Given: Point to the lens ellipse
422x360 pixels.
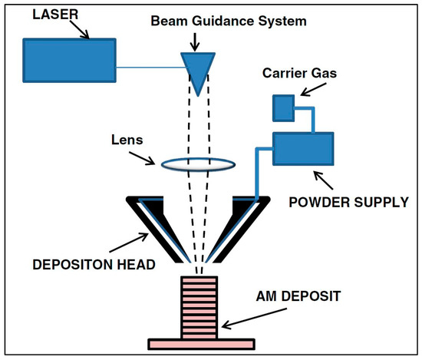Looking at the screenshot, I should coord(197,162).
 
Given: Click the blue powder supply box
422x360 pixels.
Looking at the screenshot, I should coord(304,149).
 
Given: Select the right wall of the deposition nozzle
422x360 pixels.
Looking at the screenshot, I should coord(238,226).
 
